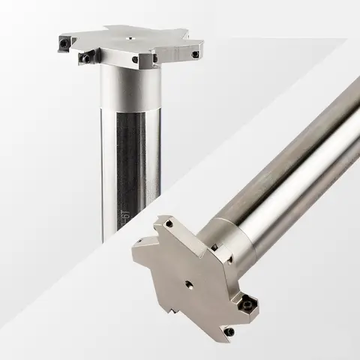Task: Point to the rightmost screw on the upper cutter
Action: click(x=196, y=54)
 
